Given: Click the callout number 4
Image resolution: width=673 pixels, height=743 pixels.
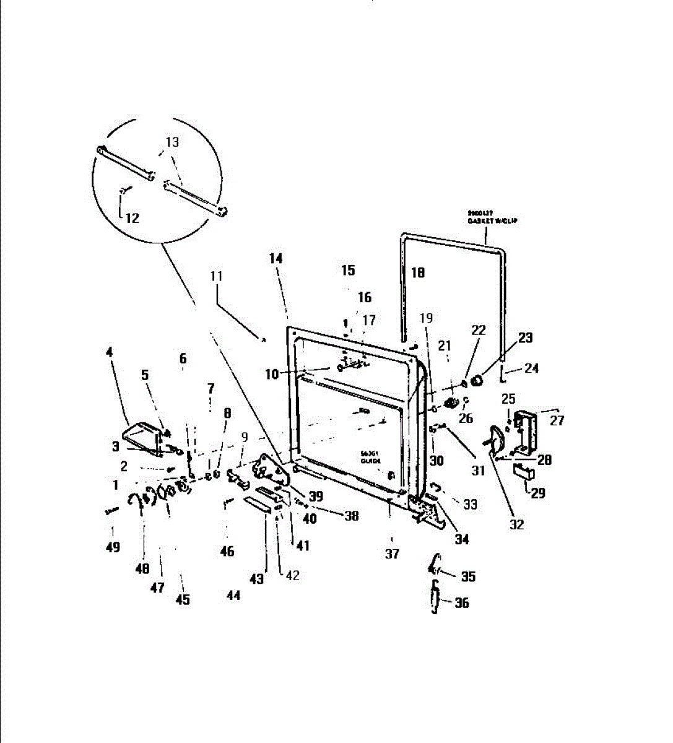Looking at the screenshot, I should [110, 353].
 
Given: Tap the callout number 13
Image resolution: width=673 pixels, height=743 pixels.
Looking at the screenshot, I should [172, 142].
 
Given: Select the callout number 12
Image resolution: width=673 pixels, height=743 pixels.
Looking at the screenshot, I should [132, 218].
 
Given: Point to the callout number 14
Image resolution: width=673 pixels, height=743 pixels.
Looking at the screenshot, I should [276, 258].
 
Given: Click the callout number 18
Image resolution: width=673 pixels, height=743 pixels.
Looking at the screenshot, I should [418, 272].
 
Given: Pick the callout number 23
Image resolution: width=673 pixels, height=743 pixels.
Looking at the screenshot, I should [525, 337].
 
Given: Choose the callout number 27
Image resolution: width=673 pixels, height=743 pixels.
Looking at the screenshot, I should [557, 420].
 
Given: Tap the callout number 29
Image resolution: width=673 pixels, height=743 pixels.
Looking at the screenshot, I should [538, 493].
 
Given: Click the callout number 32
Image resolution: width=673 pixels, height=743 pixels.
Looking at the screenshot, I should [516, 524].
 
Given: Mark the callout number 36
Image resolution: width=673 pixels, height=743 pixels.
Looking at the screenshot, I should [462, 602].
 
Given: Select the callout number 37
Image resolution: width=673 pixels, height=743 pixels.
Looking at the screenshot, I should [392, 554].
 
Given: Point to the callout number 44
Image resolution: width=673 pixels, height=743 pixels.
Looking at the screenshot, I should [233, 595].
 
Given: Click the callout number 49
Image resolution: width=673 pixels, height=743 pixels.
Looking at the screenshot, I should [113, 547].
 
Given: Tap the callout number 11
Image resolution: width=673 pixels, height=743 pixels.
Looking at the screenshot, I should [216, 276].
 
